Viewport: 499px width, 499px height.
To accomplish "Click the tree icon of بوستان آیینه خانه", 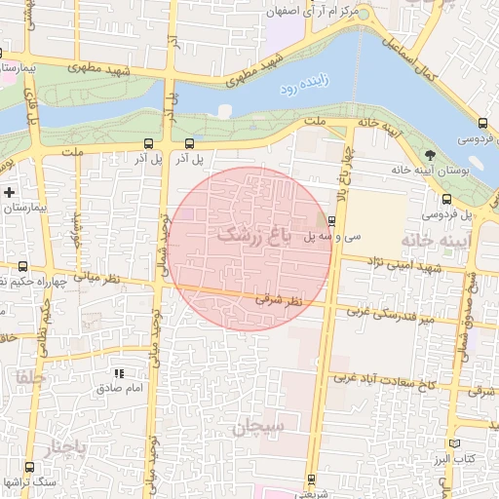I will point(430,154).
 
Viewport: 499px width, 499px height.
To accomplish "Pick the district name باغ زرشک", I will point(254,235).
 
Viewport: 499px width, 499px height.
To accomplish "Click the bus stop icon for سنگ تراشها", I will point(28,467).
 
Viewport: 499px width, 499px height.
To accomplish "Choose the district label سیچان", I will point(257,427).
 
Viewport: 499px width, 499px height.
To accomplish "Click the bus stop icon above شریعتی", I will point(311,479).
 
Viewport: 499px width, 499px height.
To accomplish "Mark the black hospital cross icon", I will point(10,191).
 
